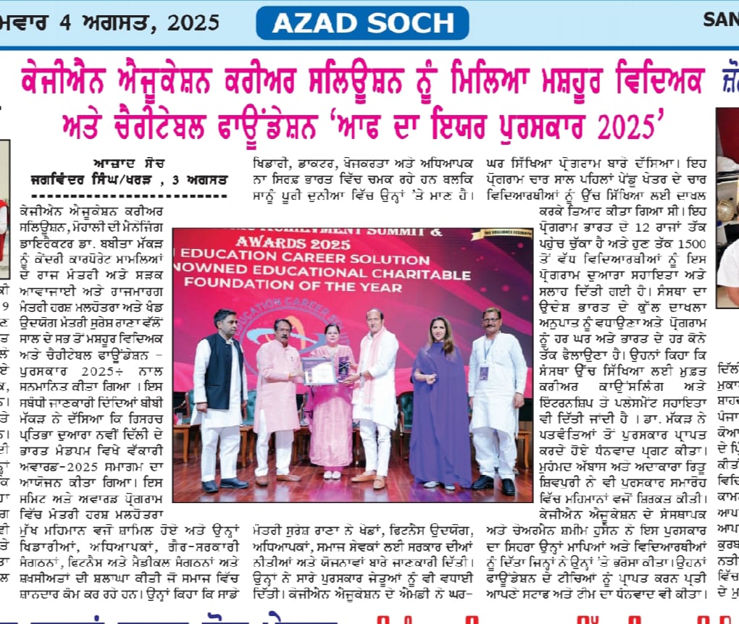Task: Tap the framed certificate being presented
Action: coord(319,370)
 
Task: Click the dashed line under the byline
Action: coord(128,195)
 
